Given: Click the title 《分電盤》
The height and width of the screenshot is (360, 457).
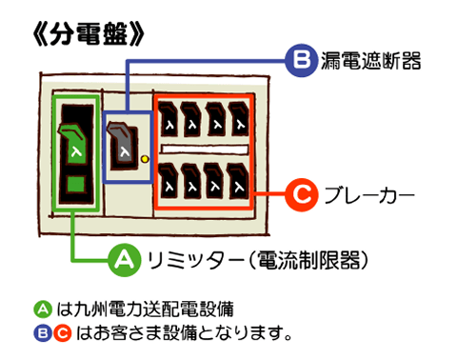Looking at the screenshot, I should pos(87,33).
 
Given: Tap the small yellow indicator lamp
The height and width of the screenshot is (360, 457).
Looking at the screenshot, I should pos(145,158).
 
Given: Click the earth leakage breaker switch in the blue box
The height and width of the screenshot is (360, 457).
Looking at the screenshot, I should pos(124,143).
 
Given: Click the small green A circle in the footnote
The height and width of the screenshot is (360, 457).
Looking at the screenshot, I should pos(41,309).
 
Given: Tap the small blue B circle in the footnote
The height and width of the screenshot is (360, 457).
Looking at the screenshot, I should pos(41,332).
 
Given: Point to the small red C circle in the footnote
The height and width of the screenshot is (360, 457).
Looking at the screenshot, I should pos(62,332).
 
